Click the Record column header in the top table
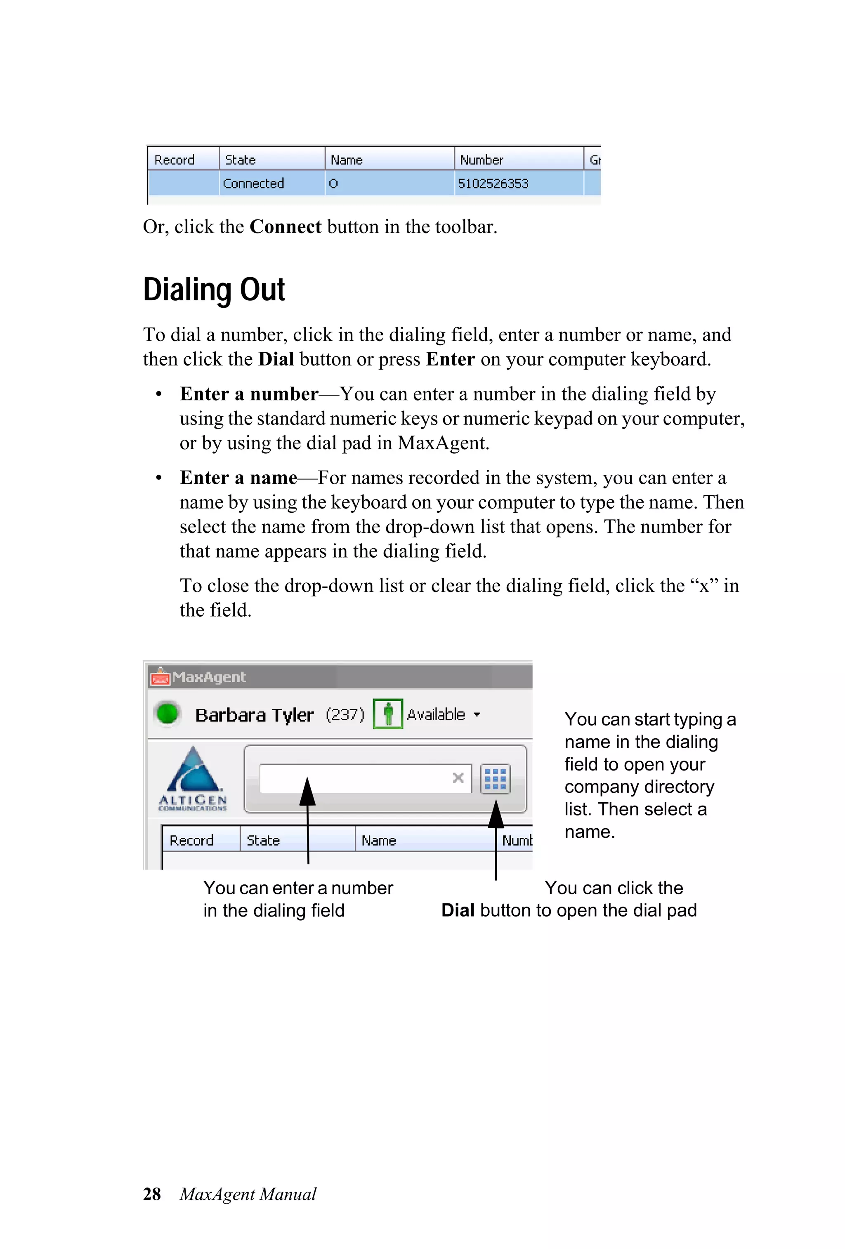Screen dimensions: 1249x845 174,160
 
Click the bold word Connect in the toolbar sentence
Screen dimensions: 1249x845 286,227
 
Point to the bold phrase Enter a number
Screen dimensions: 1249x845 249,394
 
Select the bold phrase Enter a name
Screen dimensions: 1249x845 238,478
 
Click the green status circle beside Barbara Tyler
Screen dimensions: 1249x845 167,714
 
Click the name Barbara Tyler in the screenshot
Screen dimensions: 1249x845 254,715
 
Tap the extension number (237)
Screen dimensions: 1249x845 345,714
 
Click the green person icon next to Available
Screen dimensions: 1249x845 387,714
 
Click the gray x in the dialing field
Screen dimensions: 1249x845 458,778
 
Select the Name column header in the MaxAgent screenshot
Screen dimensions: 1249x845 378,840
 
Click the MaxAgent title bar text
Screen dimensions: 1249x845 209,676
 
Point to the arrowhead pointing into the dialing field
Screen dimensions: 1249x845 307,791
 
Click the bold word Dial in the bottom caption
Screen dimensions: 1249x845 458,910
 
